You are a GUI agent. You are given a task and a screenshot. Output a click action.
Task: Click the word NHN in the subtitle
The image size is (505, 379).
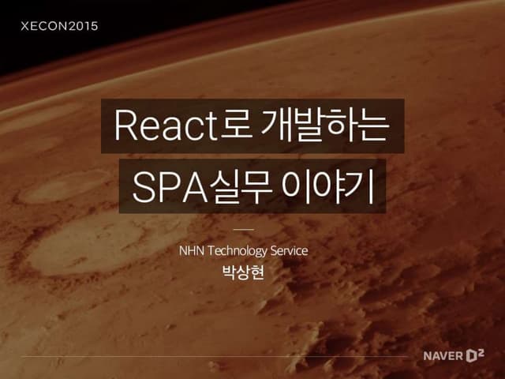pyautogui.click(x=193, y=251)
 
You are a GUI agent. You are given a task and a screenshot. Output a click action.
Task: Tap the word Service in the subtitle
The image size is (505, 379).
pyautogui.click(x=289, y=251)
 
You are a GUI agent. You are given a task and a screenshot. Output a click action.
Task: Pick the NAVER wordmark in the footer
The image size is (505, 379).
pyautogui.click(x=443, y=355)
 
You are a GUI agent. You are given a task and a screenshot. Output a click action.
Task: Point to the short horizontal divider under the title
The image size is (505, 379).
pyautogui.click(x=245, y=230)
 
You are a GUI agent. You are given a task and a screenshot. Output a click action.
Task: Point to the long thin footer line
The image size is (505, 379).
pyautogui.click(x=213, y=356)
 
